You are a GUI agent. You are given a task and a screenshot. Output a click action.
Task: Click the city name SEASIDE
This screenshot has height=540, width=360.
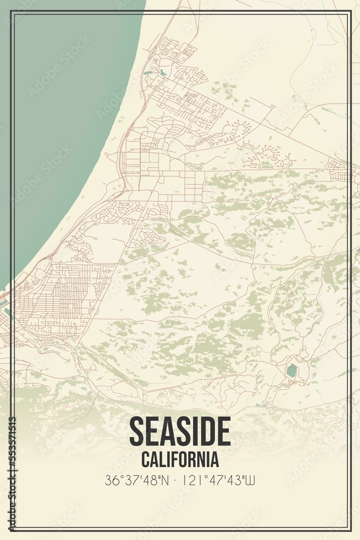(180, 431)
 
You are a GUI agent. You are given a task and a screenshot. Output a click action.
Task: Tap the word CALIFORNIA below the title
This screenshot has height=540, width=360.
(180, 460)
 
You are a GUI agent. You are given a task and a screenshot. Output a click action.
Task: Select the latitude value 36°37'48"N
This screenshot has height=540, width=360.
(137, 480)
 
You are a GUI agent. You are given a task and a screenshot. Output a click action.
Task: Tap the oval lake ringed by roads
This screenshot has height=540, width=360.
(291, 370)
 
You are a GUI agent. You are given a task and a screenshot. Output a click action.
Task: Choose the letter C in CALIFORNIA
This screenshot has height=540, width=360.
(146, 460)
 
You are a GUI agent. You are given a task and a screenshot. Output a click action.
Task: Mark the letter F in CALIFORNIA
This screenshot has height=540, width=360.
(173, 460)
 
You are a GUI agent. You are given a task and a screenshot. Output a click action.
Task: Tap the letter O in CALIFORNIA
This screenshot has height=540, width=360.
(181, 460)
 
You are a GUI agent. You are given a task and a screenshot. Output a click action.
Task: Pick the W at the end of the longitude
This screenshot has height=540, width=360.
(249, 480)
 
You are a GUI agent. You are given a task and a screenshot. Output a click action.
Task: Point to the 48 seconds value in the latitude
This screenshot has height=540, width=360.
(152, 480)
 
